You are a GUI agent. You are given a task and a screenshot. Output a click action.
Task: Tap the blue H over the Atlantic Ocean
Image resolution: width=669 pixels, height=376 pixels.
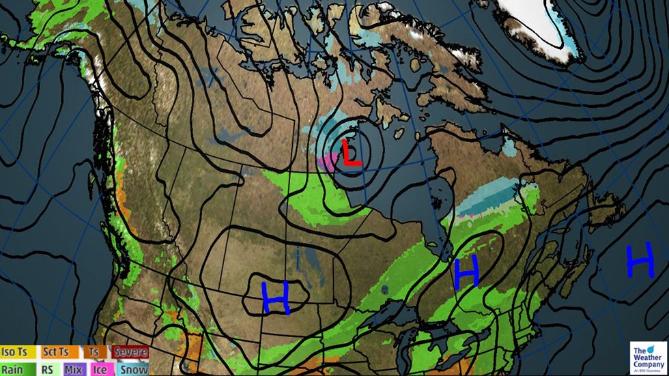point(640,262)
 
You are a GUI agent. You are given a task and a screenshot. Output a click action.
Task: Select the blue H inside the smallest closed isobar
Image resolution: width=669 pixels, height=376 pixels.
point(276,298)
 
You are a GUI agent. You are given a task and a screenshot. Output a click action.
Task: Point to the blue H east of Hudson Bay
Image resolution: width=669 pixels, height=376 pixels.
point(466,271)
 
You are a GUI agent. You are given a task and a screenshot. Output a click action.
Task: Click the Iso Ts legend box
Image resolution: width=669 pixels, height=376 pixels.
point(18,352)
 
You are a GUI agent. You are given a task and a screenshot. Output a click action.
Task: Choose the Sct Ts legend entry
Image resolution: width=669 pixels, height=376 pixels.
point(56,352)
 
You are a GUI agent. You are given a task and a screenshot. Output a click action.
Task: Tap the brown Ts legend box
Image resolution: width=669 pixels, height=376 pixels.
point(93,352)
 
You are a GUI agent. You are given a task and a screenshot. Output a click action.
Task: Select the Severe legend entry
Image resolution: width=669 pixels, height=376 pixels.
point(130,352)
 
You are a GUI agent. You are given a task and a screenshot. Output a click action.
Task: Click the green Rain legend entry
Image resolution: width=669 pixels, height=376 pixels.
point(13,369)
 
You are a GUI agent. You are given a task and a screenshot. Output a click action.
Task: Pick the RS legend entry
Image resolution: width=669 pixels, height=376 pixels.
point(48,369)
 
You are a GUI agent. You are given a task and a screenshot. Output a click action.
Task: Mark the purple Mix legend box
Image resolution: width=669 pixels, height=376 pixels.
point(73,369)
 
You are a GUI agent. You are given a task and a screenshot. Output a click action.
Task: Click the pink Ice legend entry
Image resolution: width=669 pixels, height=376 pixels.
point(100,369)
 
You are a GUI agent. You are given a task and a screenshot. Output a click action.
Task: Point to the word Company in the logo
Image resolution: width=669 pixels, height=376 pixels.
point(644,364)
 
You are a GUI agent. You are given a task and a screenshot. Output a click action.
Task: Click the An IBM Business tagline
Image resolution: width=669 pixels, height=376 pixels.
point(644,371)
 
